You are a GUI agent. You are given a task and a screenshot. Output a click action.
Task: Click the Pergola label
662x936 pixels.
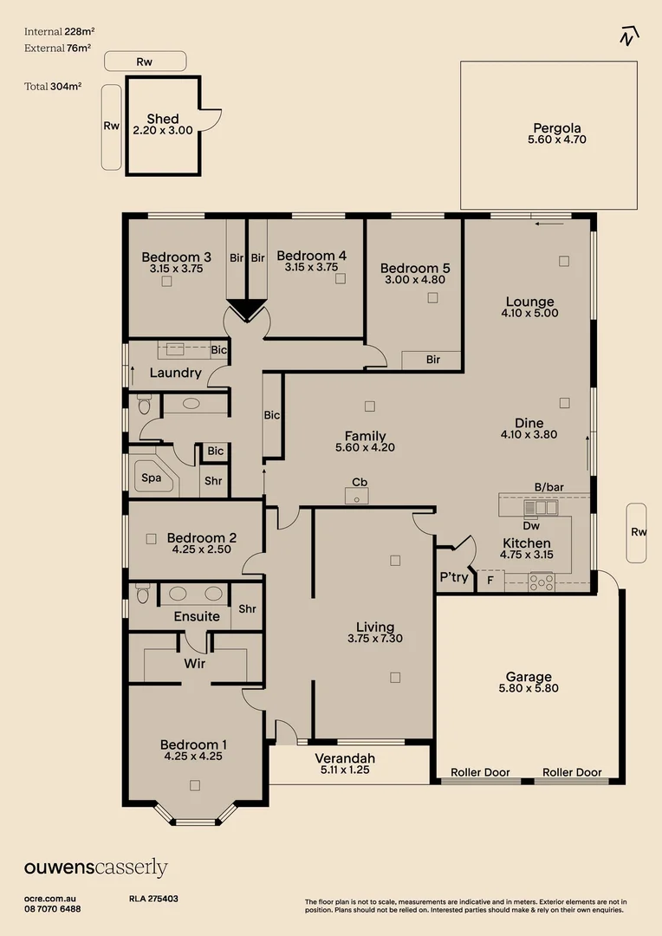(x=557, y=127)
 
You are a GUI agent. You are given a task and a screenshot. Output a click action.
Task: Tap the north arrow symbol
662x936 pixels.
(x=629, y=36)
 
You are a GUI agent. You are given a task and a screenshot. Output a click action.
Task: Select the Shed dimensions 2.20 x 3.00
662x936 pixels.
(x=163, y=131)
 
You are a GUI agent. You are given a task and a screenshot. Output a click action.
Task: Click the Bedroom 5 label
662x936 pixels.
(x=415, y=268)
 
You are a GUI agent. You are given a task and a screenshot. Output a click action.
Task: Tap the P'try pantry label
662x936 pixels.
(x=454, y=577)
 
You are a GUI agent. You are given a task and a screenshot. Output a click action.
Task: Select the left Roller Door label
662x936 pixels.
(x=481, y=772)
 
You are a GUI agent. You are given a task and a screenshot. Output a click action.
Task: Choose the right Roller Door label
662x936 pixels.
(x=572, y=772)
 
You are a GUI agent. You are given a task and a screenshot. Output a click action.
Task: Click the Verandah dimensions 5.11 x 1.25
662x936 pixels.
(x=345, y=770)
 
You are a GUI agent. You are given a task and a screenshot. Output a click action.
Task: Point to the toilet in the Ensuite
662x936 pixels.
(x=144, y=594)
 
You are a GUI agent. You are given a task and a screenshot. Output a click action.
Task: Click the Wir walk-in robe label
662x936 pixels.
(x=194, y=663)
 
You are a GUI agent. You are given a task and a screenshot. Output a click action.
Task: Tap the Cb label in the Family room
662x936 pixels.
(x=359, y=482)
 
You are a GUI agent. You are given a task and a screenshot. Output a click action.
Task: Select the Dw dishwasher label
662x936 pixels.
(x=531, y=525)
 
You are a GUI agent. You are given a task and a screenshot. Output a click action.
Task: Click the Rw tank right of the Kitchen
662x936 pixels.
(x=638, y=532)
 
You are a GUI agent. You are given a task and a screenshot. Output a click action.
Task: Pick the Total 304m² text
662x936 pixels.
(x=53, y=86)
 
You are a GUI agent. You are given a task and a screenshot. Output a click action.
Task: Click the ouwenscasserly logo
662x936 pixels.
(x=95, y=868)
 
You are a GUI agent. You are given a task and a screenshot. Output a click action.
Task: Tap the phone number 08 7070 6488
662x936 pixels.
(x=53, y=909)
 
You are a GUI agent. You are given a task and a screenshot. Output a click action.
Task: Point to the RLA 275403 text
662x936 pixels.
(x=153, y=900)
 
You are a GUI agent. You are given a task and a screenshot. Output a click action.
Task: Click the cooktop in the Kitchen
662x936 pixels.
(x=542, y=582)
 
